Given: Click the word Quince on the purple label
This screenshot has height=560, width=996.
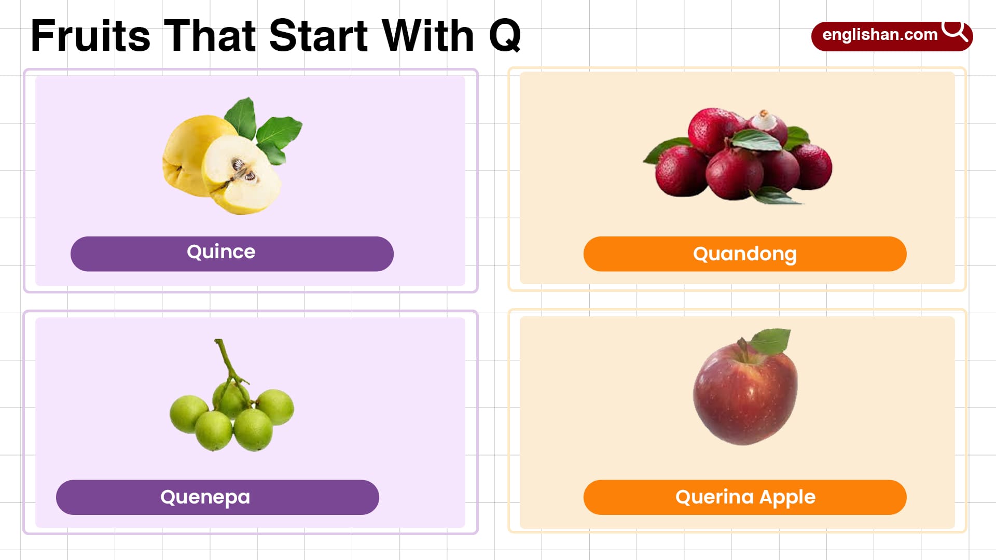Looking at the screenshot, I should pos(221,252).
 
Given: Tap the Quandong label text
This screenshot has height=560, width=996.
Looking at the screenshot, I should pos(744,254).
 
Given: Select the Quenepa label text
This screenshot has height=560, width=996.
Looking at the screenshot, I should pos(205,497).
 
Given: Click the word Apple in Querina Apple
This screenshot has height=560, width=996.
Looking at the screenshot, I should pos(787,497).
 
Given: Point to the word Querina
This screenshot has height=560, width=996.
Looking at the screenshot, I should pos(714,497).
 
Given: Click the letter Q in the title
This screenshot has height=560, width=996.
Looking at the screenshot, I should pos(504,36).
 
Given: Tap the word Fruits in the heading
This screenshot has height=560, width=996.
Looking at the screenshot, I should pos(90,36).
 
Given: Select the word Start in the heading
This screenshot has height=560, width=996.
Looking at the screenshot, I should pos(319,36).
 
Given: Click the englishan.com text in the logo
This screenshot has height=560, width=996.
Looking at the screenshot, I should pos(880,35).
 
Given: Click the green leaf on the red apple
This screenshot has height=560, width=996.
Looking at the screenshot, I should pos(772,341).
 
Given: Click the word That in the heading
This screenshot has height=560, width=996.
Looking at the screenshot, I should pos(210,36).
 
